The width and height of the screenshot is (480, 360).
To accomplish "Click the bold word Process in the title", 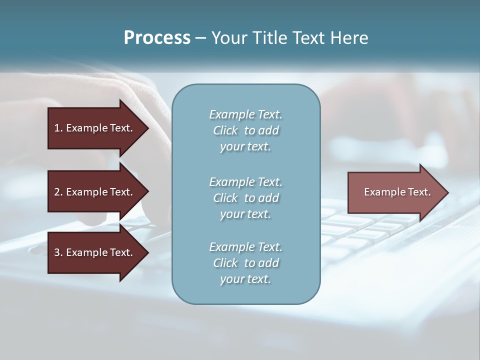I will tap(157, 38).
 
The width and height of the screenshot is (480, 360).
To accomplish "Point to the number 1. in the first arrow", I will tap(58, 128).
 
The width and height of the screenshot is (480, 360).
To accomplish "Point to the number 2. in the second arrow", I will tap(58, 192).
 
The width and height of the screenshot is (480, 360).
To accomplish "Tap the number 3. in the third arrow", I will tap(58, 252).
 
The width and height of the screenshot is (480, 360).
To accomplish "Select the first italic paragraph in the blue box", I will tap(245, 130).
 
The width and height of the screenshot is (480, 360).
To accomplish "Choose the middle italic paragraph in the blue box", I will tap(245, 198).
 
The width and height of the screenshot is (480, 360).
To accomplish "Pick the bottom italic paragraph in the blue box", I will tap(245, 263).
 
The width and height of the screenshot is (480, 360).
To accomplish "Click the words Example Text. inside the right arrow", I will tap(397, 192).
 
